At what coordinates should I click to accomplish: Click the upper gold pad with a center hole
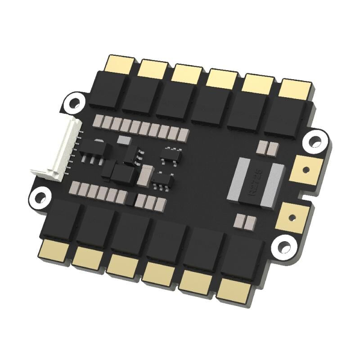306,170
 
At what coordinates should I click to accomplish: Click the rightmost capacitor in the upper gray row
184,134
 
